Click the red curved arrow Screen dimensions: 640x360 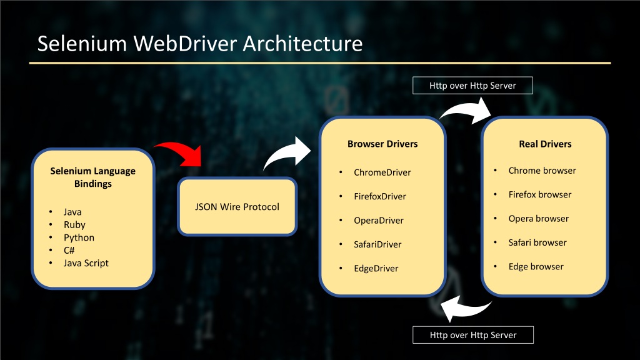184,151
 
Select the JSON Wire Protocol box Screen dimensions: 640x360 237,206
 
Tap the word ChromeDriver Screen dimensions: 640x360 382,172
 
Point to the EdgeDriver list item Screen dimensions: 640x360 376,268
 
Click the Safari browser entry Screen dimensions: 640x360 537,242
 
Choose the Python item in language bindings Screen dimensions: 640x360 79,237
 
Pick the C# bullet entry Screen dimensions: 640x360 69,250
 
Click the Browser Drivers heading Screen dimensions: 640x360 382,144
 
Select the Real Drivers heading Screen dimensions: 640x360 545,144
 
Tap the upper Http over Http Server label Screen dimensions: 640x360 472,85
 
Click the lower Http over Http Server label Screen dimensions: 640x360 473,335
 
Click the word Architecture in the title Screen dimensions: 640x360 302,43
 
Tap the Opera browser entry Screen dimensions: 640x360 538,218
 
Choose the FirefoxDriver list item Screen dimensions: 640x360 379,196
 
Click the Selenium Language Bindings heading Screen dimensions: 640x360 92,177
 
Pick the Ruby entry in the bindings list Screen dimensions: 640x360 74,224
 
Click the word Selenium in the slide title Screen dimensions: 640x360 82,43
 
